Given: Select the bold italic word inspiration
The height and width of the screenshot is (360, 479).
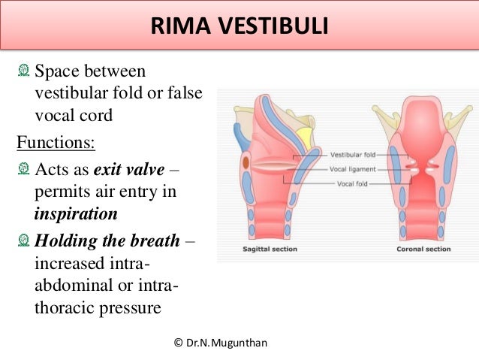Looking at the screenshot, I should pos(76,213).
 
